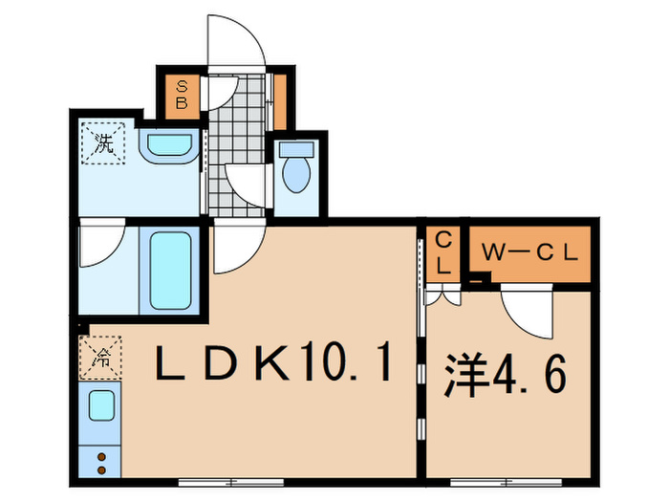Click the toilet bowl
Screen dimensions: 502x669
click(296, 171)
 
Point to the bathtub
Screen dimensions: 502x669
click(170, 267)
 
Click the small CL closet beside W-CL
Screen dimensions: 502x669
click(444, 254)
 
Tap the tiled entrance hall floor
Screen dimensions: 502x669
click(236, 143)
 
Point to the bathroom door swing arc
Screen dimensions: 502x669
click(100, 246)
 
